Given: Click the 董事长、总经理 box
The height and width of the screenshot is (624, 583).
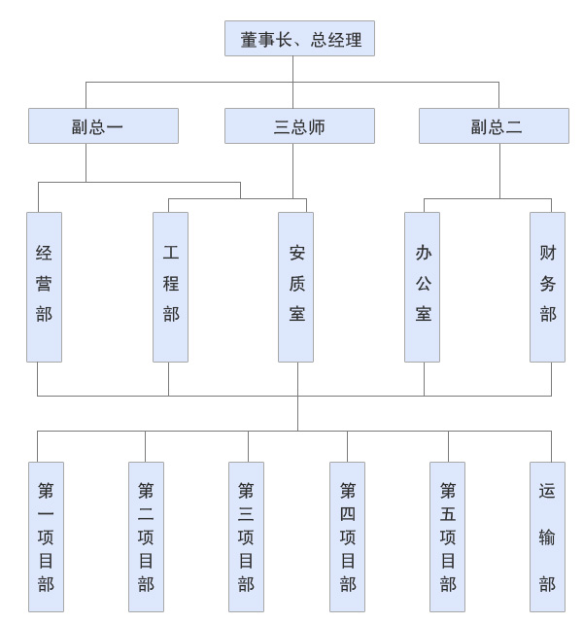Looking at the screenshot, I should (x=299, y=39).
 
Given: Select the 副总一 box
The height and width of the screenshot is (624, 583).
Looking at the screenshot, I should (x=103, y=126).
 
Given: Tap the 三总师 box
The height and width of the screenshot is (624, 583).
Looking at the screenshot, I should (x=299, y=126).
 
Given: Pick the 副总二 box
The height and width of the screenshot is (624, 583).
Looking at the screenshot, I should (x=494, y=126).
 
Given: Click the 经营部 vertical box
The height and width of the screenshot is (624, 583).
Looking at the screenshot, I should (x=44, y=287).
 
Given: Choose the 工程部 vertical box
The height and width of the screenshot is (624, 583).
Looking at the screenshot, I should (x=170, y=287).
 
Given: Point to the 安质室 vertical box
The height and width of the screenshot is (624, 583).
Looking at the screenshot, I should (x=295, y=287).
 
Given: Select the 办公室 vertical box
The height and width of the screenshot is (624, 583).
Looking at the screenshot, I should (x=422, y=287).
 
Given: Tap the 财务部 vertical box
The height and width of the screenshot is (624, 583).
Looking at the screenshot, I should (x=547, y=287).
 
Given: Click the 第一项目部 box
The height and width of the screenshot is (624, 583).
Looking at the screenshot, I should (x=46, y=537).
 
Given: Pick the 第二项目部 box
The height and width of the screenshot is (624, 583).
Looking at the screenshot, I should (x=146, y=537).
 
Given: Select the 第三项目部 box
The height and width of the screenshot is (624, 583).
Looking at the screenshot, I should (x=246, y=537).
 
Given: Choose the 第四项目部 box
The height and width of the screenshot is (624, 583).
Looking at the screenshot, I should (x=347, y=537).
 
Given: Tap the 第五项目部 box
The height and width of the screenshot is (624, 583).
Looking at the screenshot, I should (x=447, y=537).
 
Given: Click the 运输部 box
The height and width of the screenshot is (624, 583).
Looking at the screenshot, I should (x=547, y=537).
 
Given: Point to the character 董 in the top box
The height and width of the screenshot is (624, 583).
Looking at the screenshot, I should (x=250, y=40).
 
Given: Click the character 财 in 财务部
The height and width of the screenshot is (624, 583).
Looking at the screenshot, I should (x=548, y=254).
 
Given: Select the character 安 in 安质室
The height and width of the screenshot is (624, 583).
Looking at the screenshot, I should (x=296, y=254).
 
